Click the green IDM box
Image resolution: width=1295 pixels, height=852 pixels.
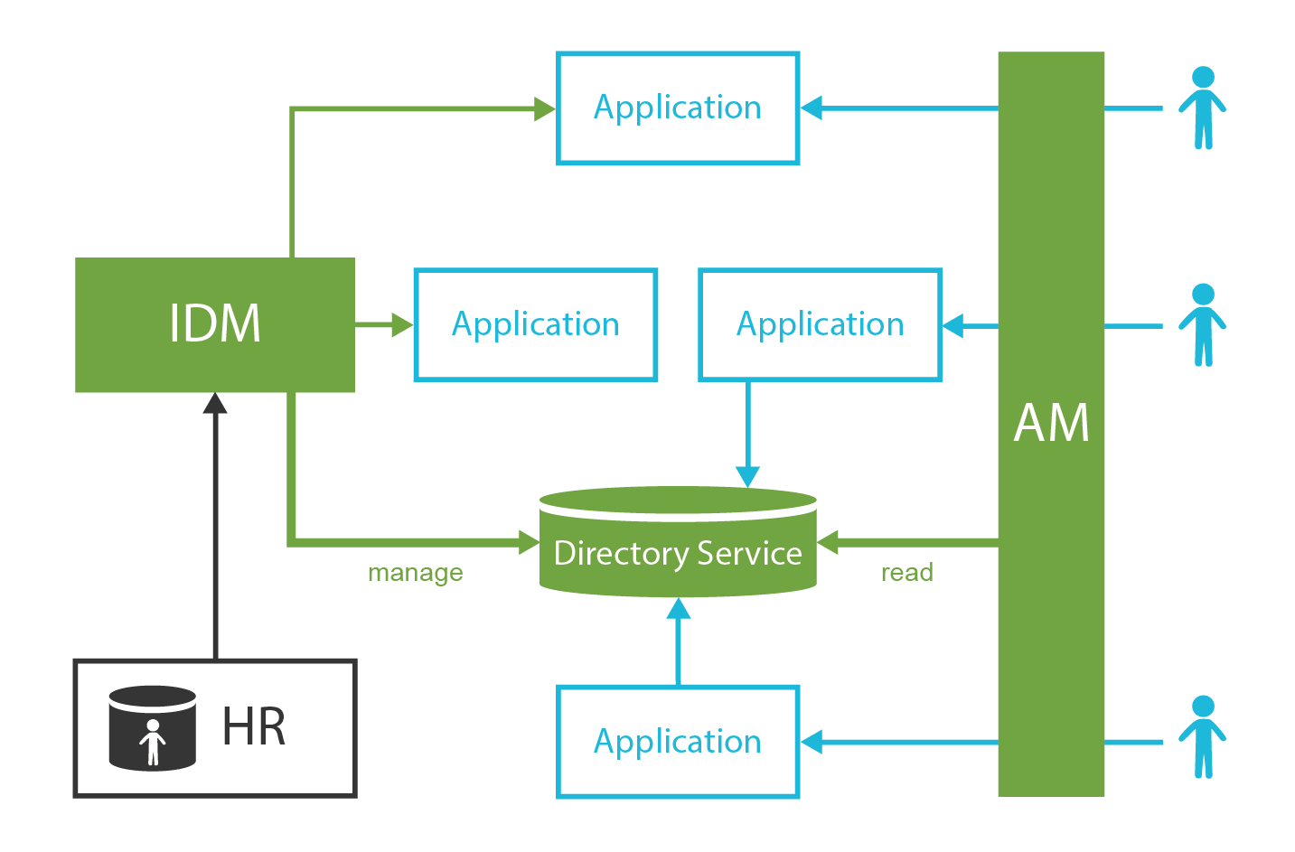[214, 324]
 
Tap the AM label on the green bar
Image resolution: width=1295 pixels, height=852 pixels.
[1051, 423]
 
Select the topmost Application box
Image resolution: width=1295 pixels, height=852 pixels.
[677, 108]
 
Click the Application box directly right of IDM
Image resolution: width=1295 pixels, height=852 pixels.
[535, 324]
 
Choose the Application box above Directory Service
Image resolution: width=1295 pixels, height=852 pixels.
[820, 324]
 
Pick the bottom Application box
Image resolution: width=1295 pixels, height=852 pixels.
[677, 742]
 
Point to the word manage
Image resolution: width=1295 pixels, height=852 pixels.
[415, 573]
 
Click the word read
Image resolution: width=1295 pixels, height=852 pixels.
[906, 573]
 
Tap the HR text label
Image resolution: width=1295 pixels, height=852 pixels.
[254, 727]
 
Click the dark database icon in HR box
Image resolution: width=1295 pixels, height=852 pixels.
[152, 728]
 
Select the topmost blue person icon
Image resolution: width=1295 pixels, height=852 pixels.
[1202, 108]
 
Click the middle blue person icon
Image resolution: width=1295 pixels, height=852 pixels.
[1202, 324]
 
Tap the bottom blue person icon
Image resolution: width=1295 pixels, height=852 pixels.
[1202, 736]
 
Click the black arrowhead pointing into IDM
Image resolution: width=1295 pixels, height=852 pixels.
[215, 403]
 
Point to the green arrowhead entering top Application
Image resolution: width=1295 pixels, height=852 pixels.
[544, 109]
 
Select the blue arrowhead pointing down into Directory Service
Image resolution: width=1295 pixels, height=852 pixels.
[747, 476]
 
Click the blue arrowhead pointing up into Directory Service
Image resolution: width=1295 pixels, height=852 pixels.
[678, 609]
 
